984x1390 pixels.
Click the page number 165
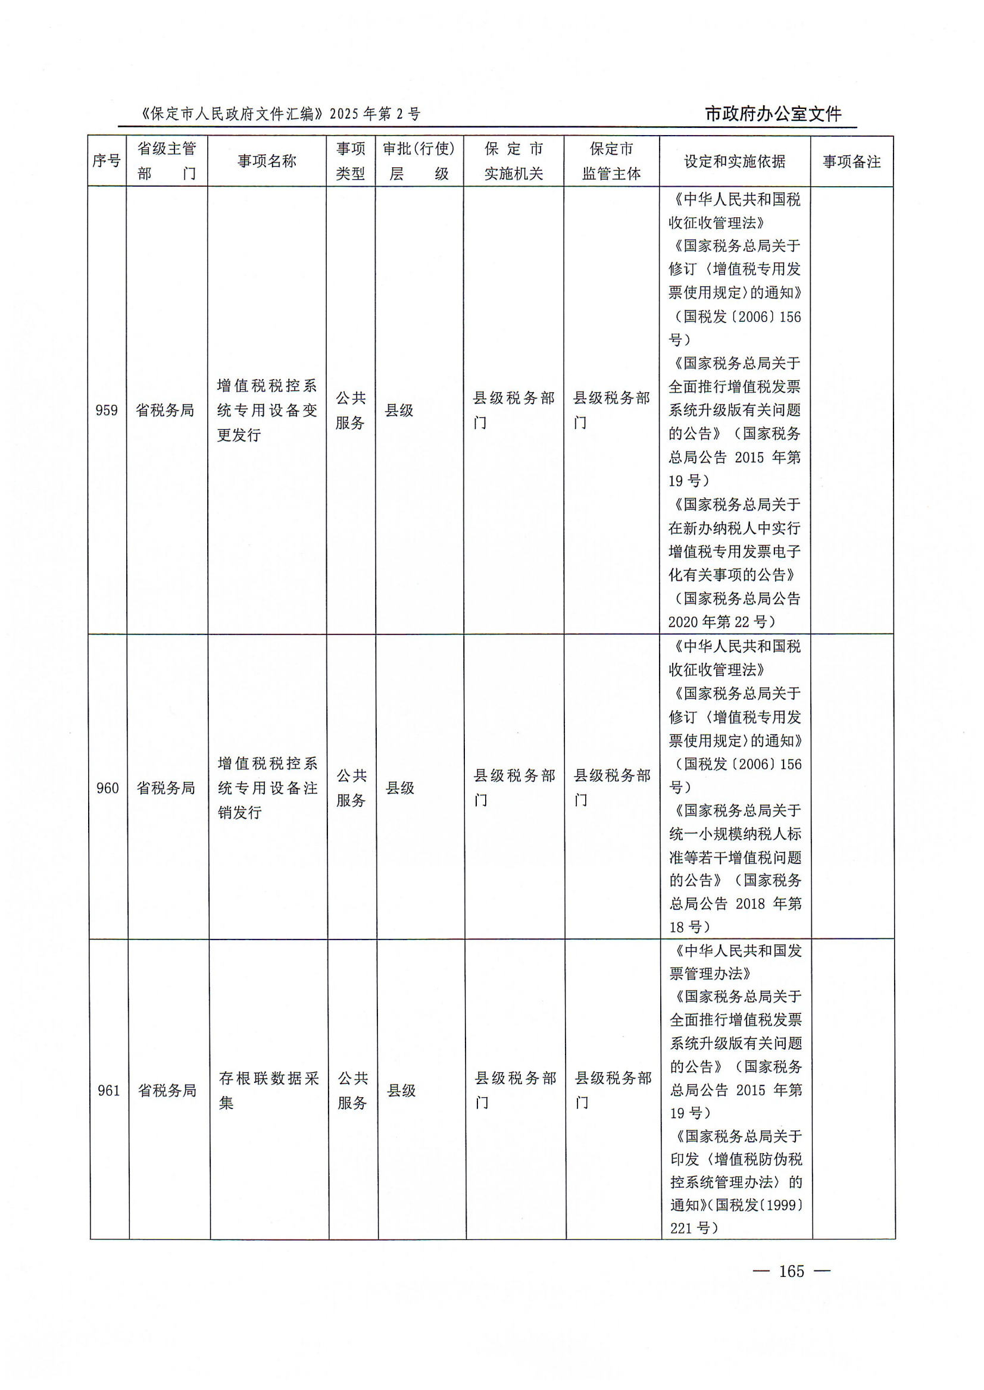(x=791, y=1270)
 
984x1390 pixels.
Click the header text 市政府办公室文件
(x=773, y=114)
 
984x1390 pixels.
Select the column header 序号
(x=107, y=161)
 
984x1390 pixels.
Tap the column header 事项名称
(x=267, y=161)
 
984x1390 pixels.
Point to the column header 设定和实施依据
(x=735, y=162)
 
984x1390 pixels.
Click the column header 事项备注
(x=851, y=162)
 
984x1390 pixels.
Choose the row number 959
(x=107, y=411)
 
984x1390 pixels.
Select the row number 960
(x=108, y=788)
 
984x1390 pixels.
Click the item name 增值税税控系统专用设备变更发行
(x=267, y=411)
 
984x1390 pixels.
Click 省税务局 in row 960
(x=166, y=788)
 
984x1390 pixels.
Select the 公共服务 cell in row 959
(x=351, y=411)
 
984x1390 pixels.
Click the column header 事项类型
(x=351, y=161)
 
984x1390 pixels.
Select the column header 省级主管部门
(x=167, y=161)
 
